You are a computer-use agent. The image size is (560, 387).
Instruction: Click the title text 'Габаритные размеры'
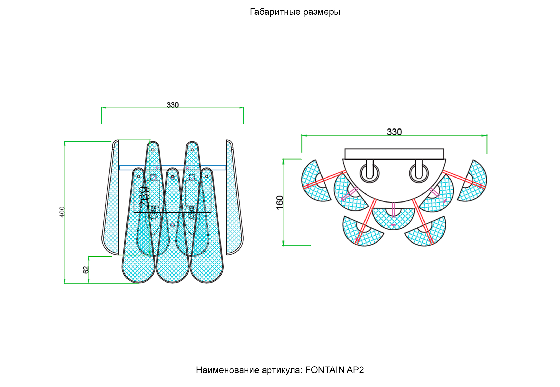[x=295, y=12]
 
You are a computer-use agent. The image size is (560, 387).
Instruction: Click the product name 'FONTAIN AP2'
[x=334, y=370]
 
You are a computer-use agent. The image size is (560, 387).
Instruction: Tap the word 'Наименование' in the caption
[x=227, y=370]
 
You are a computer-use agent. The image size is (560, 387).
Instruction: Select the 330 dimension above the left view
[x=173, y=105]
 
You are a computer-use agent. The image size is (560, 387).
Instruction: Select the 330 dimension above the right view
[x=394, y=132]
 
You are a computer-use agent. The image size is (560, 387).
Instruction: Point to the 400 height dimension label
[x=62, y=212]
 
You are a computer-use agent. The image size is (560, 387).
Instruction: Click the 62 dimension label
[x=86, y=270]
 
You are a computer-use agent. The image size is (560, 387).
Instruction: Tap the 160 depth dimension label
[x=280, y=203]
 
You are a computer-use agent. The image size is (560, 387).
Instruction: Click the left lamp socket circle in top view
[x=370, y=173]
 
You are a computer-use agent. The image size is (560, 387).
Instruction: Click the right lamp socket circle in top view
[x=419, y=173]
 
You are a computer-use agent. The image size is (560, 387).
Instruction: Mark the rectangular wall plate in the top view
[x=394, y=154]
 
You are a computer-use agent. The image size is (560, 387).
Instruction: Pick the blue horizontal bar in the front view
[x=173, y=168]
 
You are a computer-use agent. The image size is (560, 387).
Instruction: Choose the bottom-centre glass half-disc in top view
[x=393, y=218]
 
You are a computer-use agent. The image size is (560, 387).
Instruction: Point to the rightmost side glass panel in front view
[x=235, y=197]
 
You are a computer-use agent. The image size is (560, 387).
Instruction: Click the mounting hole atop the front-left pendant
[x=139, y=176]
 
